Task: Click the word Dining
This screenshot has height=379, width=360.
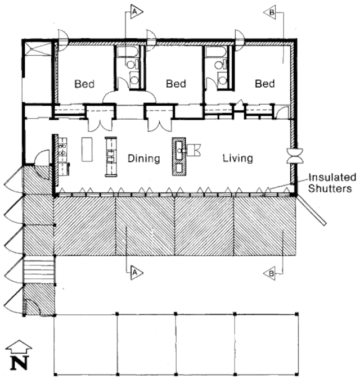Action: (x=143, y=159)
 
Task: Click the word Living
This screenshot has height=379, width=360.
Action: (x=238, y=159)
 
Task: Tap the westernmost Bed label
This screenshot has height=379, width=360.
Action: (x=84, y=84)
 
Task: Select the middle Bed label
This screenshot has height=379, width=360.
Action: (x=176, y=84)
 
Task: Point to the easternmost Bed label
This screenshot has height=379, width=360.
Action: (x=265, y=84)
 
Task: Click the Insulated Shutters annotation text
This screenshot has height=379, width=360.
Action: (x=332, y=183)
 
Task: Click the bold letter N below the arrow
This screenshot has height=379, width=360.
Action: (x=19, y=363)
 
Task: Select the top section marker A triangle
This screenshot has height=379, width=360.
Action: (x=136, y=11)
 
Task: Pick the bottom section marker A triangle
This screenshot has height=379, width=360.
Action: (x=136, y=273)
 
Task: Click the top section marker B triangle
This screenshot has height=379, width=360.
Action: (x=270, y=12)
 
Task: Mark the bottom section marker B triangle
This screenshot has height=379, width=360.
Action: (x=270, y=274)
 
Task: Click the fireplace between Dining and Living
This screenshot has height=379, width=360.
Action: (x=179, y=156)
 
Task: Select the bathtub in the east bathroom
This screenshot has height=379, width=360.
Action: (x=215, y=51)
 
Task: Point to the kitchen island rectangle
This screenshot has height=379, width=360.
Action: (x=87, y=149)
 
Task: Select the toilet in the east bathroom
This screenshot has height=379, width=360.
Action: (x=220, y=65)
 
